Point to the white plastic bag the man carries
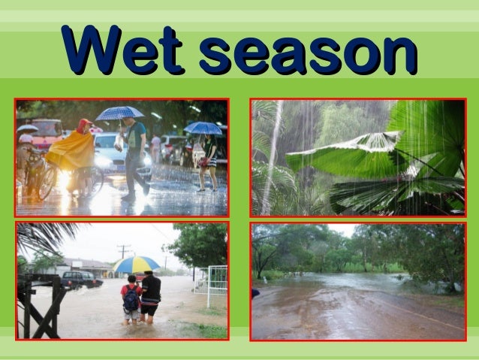pyautogui.click(x=119, y=142)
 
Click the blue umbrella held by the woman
pyautogui.click(x=203, y=128)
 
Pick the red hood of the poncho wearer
pyautogui.click(x=83, y=126)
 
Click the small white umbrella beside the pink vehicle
pyautogui.click(x=27, y=129)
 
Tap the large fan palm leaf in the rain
pyautogui.click(x=353, y=155)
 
